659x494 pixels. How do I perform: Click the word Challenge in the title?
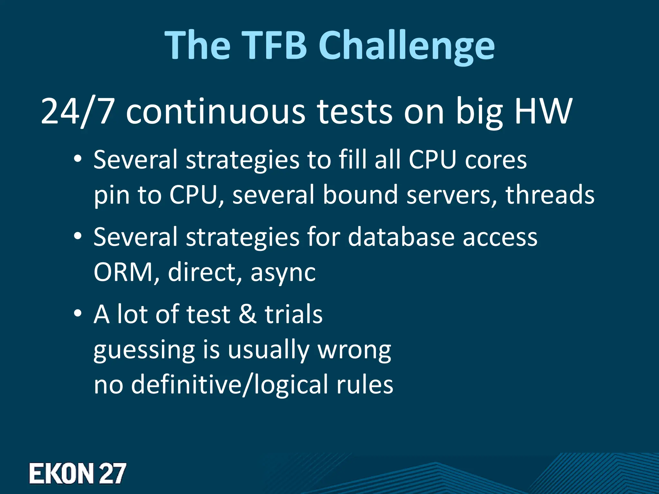(407, 47)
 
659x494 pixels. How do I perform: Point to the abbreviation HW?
(543, 112)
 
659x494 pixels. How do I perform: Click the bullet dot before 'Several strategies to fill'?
(77, 160)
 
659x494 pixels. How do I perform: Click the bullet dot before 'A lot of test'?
(77, 314)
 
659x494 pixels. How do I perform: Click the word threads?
(550, 195)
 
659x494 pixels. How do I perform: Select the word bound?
(360, 195)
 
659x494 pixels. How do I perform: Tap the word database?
(401, 237)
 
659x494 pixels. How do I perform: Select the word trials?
(293, 314)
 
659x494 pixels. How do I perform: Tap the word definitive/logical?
(229, 384)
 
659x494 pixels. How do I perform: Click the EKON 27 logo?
(78, 473)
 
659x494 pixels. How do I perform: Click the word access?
(500, 237)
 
